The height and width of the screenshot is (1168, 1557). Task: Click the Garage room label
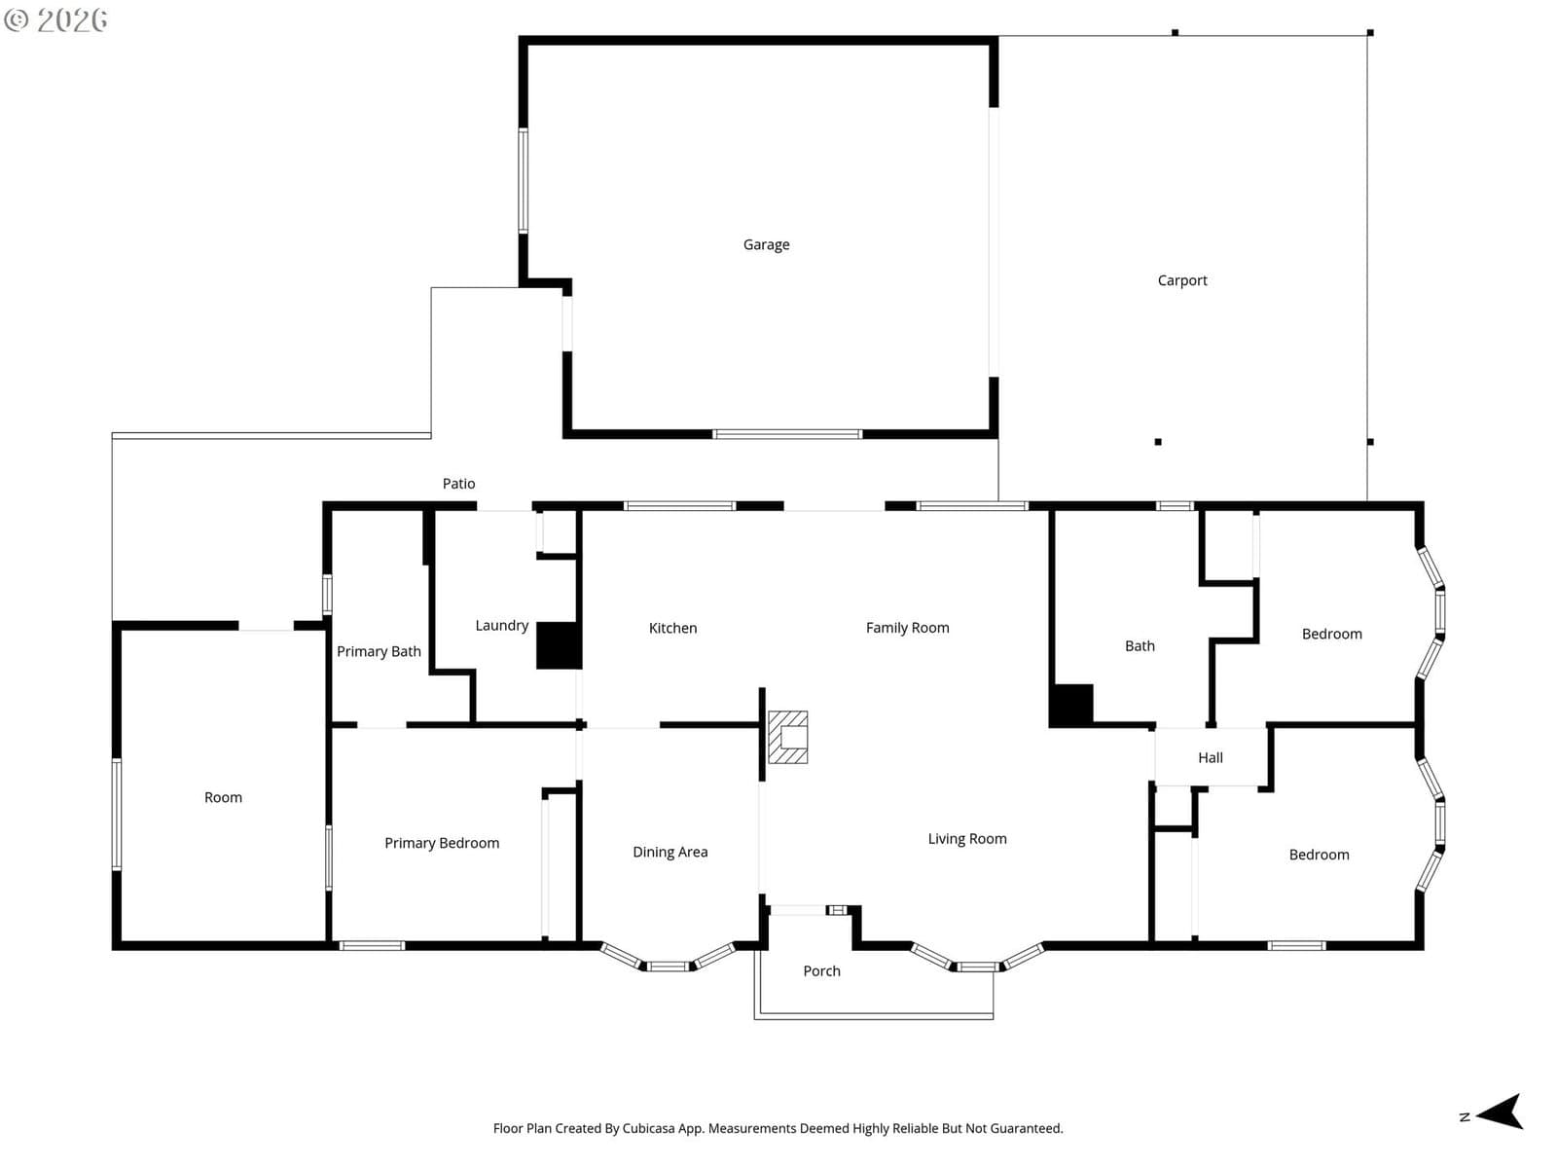(x=766, y=244)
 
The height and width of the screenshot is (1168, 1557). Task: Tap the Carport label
(x=1181, y=280)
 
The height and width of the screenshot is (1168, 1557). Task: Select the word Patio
(x=458, y=484)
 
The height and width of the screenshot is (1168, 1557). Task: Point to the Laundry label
(x=501, y=626)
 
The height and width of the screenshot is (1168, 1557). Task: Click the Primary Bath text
(x=379, y=651)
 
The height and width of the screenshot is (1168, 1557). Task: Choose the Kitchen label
(x=672, y=628)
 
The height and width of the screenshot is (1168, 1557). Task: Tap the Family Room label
(x=907, y=628)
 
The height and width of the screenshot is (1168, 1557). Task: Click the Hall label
(x=1211, y=757)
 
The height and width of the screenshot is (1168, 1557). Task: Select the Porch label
(x=821, y=970)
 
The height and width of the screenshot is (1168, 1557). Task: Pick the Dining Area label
(x=670, y=852)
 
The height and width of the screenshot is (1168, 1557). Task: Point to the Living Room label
(x=967, y=839)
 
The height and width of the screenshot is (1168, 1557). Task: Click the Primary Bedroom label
(x=441, y=843)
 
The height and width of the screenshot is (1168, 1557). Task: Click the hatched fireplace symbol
(x=787, y=737)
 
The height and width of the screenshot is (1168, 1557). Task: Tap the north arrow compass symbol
(x=1500, y=1111)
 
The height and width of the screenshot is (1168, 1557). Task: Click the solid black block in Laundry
(x=559, y=645)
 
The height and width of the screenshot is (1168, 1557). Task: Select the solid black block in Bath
(x=1071, y=705)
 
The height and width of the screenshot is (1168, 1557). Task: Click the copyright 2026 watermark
(x=55, y=19)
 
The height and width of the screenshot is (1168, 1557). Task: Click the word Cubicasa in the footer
(x=648, y=1128)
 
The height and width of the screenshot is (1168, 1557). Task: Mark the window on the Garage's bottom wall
(x=787, y=434)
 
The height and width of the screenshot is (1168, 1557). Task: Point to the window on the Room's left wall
(x=117, y=814)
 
